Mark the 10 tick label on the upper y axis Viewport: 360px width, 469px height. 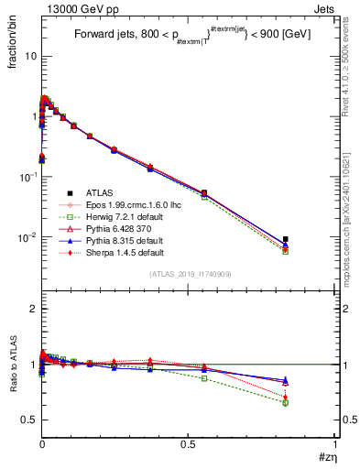pyautogui.click(x=29, y=56)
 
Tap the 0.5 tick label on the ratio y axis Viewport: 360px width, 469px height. pyautogui.click(x=28, y=420)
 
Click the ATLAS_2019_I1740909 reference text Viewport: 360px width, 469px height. pyautogui.click(x=190, y=274)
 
